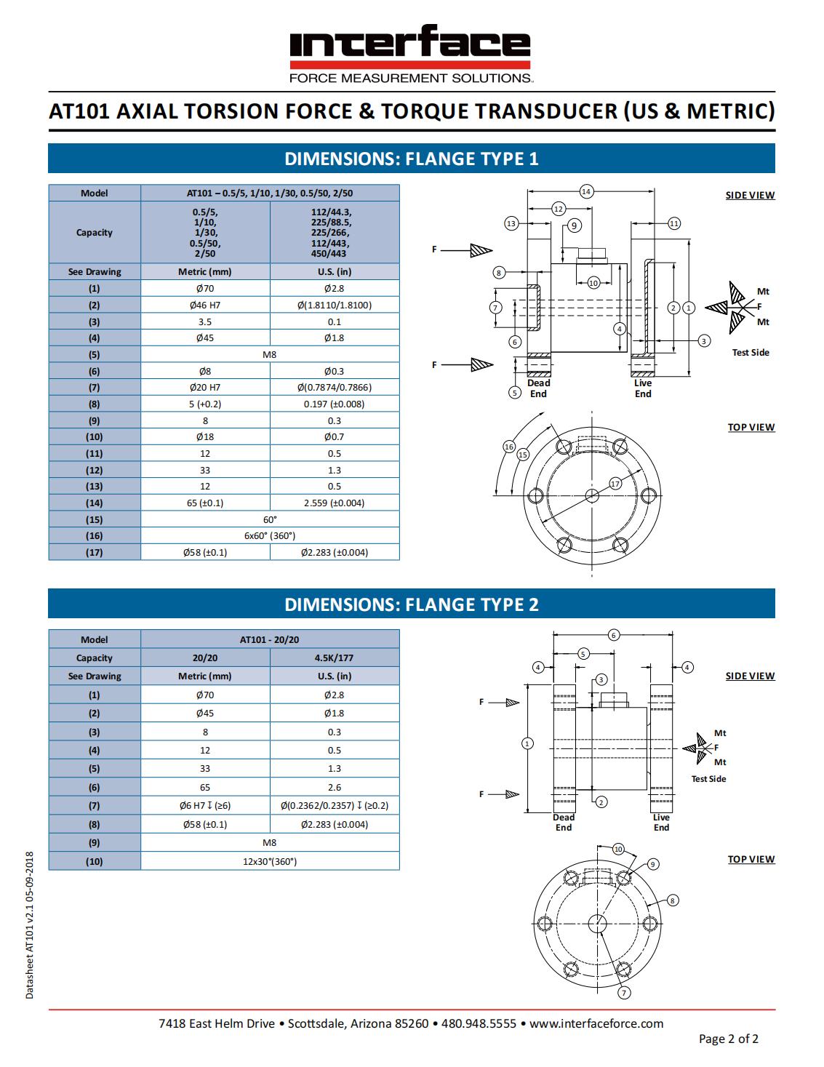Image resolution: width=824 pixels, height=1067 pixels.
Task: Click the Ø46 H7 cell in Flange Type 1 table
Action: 205,305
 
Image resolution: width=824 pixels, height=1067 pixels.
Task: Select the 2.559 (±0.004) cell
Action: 335,503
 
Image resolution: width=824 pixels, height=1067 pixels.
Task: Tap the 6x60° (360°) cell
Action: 270,536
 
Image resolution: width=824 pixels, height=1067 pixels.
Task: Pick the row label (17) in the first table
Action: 95,552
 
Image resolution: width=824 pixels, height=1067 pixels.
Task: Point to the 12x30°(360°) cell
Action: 270,861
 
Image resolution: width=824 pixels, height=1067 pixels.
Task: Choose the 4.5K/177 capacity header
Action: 335,658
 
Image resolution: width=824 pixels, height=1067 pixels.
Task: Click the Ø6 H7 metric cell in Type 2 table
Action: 205,805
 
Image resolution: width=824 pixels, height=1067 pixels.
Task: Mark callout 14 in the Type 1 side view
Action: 586,191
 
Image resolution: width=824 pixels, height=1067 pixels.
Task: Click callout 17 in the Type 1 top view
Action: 615,484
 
